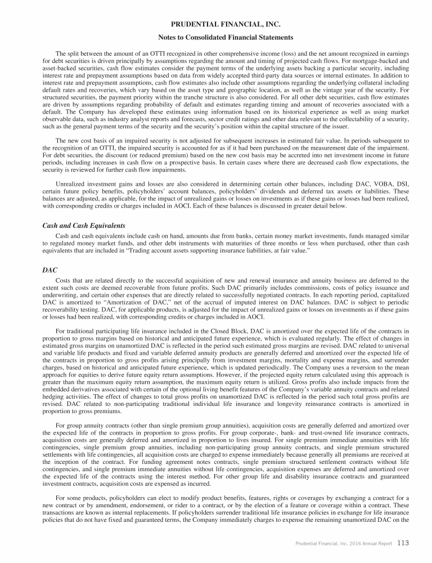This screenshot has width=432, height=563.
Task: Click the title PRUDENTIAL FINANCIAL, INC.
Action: (216, 24)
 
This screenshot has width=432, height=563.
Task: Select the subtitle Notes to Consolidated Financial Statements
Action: (216, 37)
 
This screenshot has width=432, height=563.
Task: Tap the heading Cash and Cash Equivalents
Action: (83, 226)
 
